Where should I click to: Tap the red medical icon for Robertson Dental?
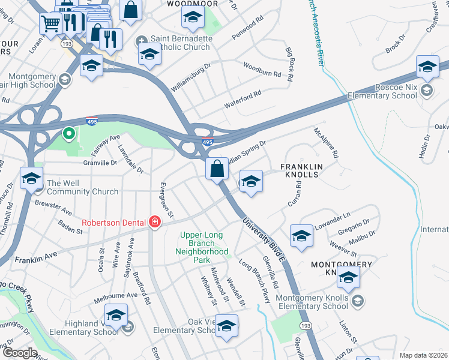(155, 222)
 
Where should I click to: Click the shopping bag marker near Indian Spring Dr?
(217, 169)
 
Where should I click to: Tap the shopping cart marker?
(51, 23)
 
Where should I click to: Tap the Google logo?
(19, 353)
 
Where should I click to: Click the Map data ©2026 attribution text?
(423, 355)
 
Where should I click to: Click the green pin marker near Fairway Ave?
(69, 133)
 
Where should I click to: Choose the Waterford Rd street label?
(243, 99)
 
